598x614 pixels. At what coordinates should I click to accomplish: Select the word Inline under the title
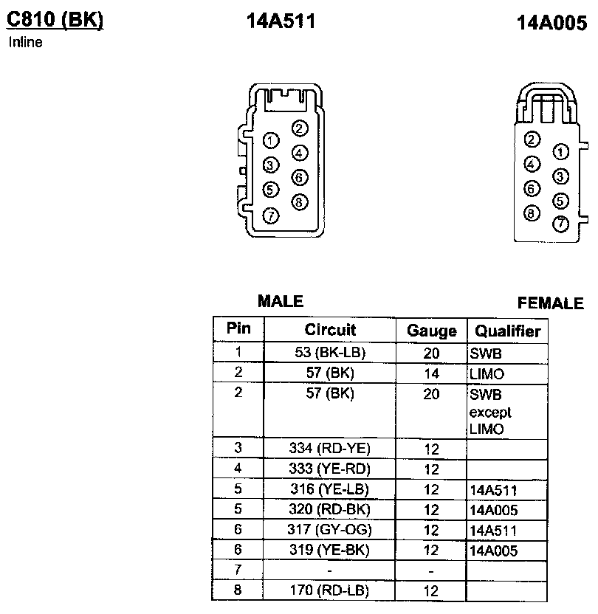pyautogui.click(x=25, y=42)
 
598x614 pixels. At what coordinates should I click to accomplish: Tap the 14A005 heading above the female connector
pyautogui.click(x=552, y=24)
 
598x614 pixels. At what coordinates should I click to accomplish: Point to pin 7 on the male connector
pyautogui.click(x=271, y=215)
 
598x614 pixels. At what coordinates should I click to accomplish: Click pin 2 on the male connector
pyautogui.click(x=299, y=128)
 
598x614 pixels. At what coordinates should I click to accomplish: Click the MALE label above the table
pyautogui.click(x=281, y=301)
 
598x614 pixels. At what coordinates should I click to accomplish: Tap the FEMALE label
pyautogui.click(x=551, y=303)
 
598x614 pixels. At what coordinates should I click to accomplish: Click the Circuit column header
pyautogui.click(x=330, y=330)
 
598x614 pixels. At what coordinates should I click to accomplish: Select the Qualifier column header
pyautogui.click(x=508, y=331)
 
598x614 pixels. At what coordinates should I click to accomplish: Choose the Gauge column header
pyautogui.click(x=432, y=331)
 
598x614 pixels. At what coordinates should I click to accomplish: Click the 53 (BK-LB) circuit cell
pyautogui.click(x=330, y=352)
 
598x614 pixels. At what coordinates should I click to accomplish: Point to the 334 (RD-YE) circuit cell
pyautogui.click(x=330, y=448)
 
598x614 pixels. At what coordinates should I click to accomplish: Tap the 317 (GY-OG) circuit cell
pyautogui.click(x=330, y=529)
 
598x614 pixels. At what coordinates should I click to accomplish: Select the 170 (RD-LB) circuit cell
pyautogui.click(x=330, y=590)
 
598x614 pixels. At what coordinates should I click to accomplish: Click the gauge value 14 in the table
pyautogui.click(x=432, y=374)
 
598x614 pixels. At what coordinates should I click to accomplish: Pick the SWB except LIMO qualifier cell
pyautogui.click(x=490, y=412)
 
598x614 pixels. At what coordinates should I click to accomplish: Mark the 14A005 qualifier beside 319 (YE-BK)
pyautogui.click(x=493, y=551)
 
